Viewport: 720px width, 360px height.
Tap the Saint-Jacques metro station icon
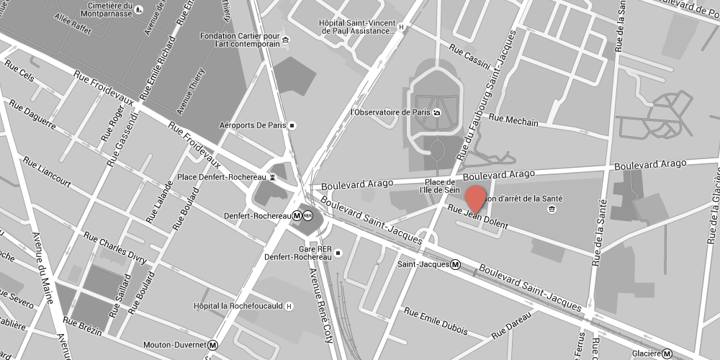[456, 264]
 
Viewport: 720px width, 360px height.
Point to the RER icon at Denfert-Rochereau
[308, 215]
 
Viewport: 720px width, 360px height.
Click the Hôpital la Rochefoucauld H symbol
[289, 306]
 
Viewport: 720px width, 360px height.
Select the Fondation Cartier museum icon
[287, 39]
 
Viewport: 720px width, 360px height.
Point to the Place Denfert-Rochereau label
[222, 176]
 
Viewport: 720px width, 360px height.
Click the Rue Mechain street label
[513, 120]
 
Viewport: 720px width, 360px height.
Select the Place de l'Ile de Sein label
[443, 186]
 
